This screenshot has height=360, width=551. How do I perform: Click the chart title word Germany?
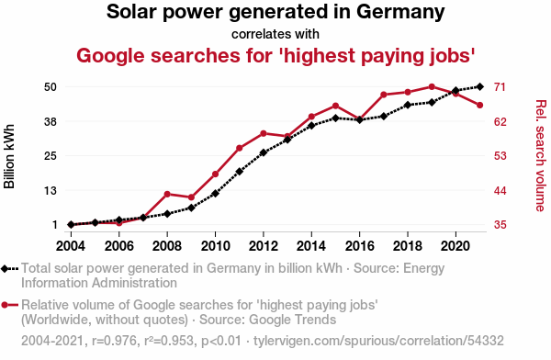tap(400, 12)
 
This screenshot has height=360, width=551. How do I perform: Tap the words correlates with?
tap(275, 34)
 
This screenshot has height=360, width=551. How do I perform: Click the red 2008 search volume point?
tap(167, 194)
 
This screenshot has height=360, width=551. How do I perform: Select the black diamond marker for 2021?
tap(480, 86)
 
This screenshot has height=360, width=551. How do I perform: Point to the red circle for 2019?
tap(432, 87)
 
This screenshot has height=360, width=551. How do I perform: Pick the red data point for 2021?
tap(480, 105)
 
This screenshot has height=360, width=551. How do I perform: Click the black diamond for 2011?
tap(240, 172)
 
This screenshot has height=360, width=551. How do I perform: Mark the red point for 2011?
tap(240, 148)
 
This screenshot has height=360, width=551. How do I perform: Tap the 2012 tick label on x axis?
tap(264, 246)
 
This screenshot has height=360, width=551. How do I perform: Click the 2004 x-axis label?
tap(71, 246)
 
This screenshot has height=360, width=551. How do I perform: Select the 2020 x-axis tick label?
tap(455, 246)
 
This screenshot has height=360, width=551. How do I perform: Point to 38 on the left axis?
tap(51, 121)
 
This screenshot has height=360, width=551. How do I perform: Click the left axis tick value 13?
tap(51, 190)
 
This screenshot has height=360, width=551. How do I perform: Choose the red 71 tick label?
tap(500, 86)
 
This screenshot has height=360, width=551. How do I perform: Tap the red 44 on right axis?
tap(500, 190)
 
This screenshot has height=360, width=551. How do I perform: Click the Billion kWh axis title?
tap(9, 156)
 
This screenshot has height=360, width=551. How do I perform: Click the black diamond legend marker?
tap(5, 268)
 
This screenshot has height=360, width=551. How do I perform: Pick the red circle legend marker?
tap(5, 305)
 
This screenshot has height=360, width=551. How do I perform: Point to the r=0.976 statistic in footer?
tap(114, 341)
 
